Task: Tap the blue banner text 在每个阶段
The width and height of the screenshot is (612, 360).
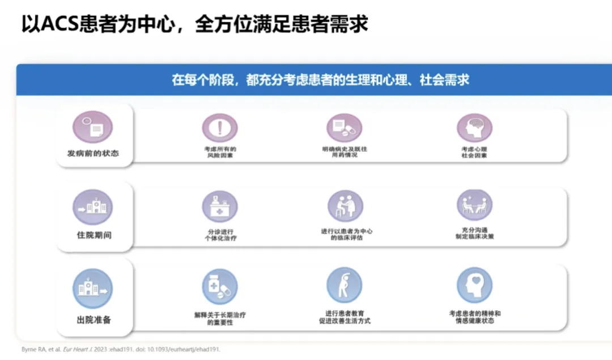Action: tap(320, 79)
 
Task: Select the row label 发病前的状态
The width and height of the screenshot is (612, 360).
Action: tap(93, 153)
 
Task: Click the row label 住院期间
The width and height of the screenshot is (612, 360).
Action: tap(93, 234)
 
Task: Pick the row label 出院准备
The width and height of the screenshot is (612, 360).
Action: tap(93, 320)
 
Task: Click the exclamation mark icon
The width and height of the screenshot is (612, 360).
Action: tap(219, 128)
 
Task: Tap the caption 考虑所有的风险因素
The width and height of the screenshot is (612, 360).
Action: tap(220, 152)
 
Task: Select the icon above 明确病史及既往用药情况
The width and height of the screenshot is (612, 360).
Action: tap(344, 128)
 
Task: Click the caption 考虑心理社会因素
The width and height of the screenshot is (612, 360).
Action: tap(474, 152)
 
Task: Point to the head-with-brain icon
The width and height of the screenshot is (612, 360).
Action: tap(474, 128)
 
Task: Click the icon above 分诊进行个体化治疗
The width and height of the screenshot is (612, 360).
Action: tap(220, 206)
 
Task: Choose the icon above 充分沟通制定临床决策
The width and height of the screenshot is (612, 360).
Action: tap(474, 205)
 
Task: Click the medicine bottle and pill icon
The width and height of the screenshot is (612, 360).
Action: tap(220, 286)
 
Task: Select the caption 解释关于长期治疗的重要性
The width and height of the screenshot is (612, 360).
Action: tap(219, 317)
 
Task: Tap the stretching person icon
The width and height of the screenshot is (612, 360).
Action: tap(344, 285)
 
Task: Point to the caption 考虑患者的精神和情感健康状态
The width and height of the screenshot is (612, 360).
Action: tap(474, 317)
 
